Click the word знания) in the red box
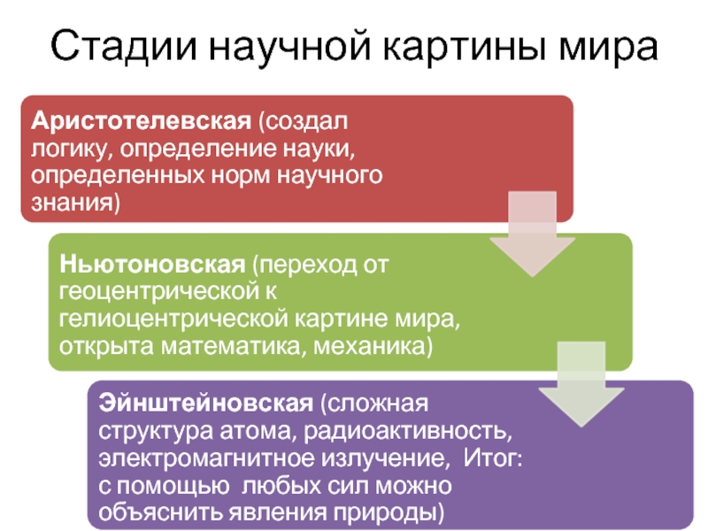click(x=76, y=203)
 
